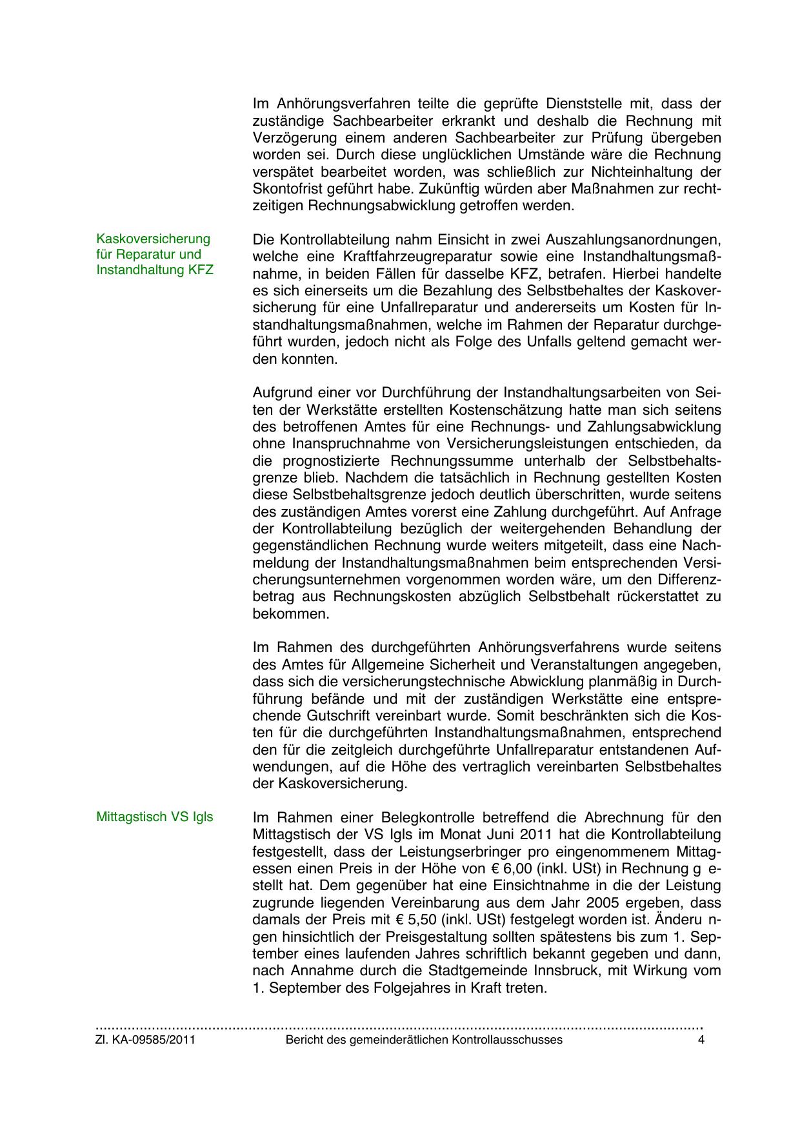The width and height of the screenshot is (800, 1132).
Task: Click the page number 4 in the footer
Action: coord(701,1040)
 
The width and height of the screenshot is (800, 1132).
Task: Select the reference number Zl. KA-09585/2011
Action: coord(145,1040)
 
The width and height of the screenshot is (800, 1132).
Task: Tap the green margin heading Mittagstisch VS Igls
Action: coord(154,817)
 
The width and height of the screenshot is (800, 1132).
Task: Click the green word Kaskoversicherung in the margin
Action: coord(154,239)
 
